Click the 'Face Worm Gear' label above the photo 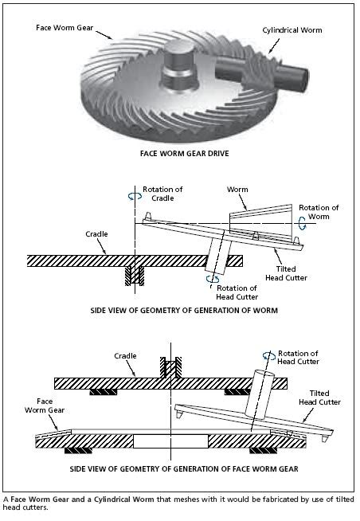click(x=65, y=28)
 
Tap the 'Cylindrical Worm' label click(x=292, y=30)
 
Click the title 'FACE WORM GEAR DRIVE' click(x=184, y=154)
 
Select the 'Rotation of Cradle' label click(x=162, y=194)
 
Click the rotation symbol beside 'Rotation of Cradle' click(x=135, y=197)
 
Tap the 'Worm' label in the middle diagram click(x=237, y=190)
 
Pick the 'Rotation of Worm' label click(x=319, y=212)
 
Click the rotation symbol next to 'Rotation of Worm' click(x=302, y=223)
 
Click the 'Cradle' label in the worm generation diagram click(x=96, y=234)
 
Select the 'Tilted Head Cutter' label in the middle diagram click(x=286, y=273)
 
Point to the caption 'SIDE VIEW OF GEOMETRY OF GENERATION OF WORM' click(x=184, y=311)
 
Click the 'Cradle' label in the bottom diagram click(x=125, y=356)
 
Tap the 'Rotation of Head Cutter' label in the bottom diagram click(x=298, y=357)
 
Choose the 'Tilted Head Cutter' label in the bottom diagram click(x=319, y=398)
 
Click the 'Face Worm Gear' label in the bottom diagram click(x=45, y=405)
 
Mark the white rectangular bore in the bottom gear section click(x=170, y=441)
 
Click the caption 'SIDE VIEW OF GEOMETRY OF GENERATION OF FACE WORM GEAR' click(x=184, y=469)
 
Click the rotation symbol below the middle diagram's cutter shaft click(x=213, y=279)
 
